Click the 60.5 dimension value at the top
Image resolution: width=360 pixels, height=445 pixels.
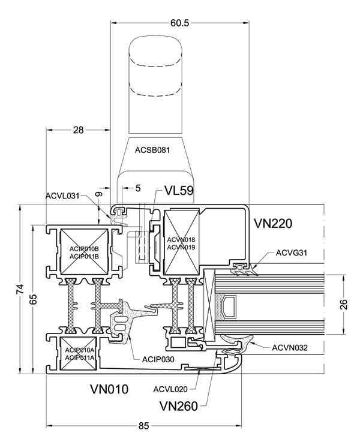pos(179,23)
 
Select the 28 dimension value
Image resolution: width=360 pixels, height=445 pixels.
pos(79,130)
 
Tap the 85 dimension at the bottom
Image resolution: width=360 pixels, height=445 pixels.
pos(143,426)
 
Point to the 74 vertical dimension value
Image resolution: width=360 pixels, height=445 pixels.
pos(23,289)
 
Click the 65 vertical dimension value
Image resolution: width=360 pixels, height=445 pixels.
pos(33,300)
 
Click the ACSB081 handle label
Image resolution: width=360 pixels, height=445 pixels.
pos(152,150)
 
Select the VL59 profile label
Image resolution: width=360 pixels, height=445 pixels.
pos(179,191)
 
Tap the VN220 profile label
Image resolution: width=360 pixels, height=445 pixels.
pos(273,224)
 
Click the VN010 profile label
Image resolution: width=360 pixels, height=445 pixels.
pos(109,389)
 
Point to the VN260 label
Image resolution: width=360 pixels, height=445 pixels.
pos(179,406)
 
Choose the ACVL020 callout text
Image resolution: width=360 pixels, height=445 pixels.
pos(170,389)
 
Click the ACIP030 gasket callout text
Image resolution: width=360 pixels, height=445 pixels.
pos(158,359)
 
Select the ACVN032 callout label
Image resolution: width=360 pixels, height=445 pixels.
pos(290,347)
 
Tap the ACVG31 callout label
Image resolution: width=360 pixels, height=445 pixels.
pos(292,252)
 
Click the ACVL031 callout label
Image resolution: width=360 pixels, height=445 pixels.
pos(62,196)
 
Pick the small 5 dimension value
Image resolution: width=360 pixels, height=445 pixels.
pos(137,188)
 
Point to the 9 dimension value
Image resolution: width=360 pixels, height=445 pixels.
pos(98,195)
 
